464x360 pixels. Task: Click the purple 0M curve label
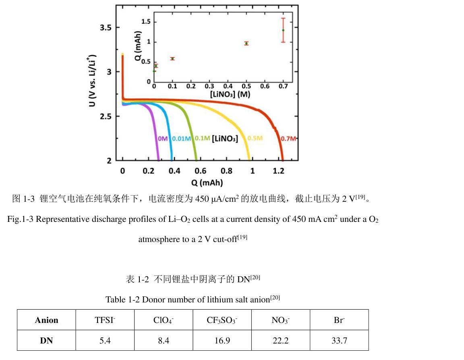(x=162, y=139)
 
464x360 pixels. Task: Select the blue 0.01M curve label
(x=181, y=139)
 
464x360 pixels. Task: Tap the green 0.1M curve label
(x=202, y=139)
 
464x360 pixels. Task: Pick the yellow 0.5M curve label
(x=255, y=139)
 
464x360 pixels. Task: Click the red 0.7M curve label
(x=288, y=139)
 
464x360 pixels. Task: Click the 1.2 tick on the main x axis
(x=279, y=171)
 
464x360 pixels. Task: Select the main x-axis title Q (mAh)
(x=207, y=182)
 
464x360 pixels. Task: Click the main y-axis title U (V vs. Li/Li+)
(x=93, y=80)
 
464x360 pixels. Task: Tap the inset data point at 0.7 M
(x=283, y=30)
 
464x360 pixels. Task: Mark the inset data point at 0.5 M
(x=246, y=43)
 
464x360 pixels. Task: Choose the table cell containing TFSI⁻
(x=105, y=320)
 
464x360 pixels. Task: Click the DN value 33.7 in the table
(x=339, y=341)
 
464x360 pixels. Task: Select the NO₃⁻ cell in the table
(x=281, y=320)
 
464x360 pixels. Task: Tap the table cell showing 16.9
(x=222, y=341)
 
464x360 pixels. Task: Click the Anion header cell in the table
(x=46, y=320)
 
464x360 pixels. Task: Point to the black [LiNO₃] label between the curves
(x=225, y=139)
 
